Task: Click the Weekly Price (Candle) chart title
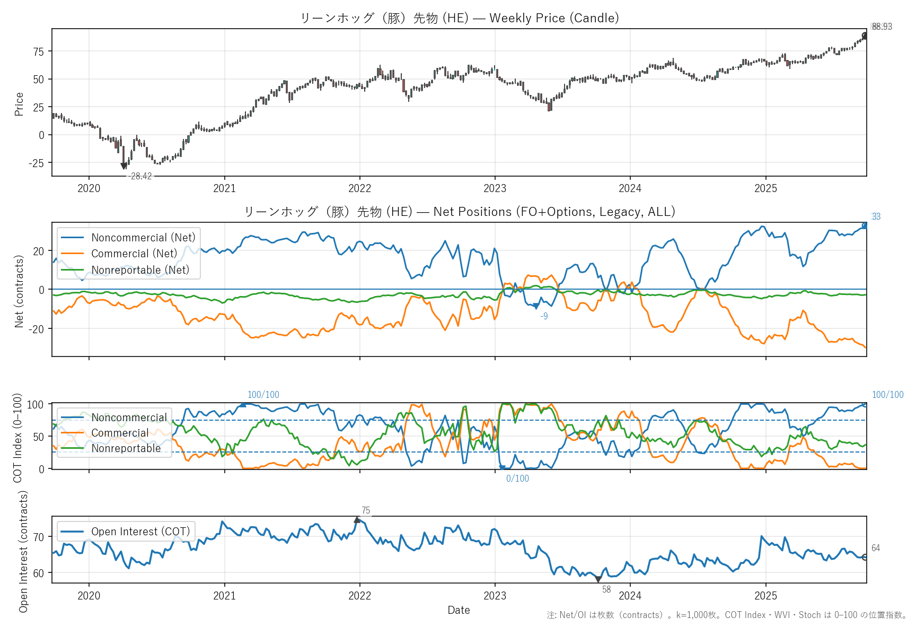pyautogui.click(x=459, y=18)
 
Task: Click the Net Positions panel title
pyautogui.click(x=459, y=212)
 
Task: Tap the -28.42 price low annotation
pyautogui.click(x=140, y=177)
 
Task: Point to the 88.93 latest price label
pyautogui.click(x=882, y=27)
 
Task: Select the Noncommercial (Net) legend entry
pyautogui.click(x=143, y=238)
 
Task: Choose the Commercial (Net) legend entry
pyautogui.click(x=134, y=254)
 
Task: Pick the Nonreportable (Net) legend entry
pyautogui.click(x=140, y=270)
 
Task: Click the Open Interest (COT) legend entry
pyautogui.click(x=140, y=532)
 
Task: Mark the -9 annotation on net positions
pyautogui.click(x=544, y=316)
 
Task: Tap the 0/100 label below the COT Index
pyautogui.click(x=517, y=479)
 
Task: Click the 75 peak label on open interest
pyautogui.click(x=366, y=511)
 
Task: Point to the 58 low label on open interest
pyautogui.click(x=606, y=589)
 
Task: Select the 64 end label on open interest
pyautogui.click(x=876, y=548)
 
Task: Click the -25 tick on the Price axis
pyautogui.click(x=37, y=163)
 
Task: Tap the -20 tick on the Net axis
pyautogui.click(x=38, y=329)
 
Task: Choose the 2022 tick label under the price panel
pyautogui.click(x=359, y=188)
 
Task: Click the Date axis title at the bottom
pyautogui.click(x=459, y=610)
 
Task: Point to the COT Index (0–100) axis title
pyautogui.click(x=18, y=438)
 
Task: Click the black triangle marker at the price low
pyautogui.click(x=124, y=166)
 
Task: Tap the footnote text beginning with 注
pyautogui.click(x=727, y=615)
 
